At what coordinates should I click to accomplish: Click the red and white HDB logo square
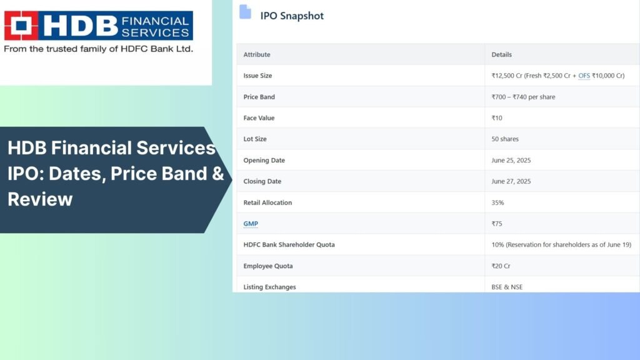click(x=21, y=25)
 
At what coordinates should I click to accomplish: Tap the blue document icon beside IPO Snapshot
click(x=245, y=12)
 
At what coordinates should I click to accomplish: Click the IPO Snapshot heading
click(x=292, y=16)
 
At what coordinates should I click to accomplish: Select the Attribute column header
click(x=257, y=55)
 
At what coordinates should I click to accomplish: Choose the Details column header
click(x=501, y=55)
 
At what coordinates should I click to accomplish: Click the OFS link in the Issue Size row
click(x=584, y=76)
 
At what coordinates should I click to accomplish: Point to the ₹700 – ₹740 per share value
click(x=523, y=97)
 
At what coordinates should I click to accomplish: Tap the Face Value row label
click(x=259, y=118)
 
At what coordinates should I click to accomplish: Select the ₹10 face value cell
click(x=497, y=118)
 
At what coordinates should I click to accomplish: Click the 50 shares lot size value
click(x=505, y=139)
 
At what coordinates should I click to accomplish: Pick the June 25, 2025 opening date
click(x=511, y=161)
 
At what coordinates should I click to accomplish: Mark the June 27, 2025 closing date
click(x=511, y=181)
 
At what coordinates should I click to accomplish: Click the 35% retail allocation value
click(x=497, y=202)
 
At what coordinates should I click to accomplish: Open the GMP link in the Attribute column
click(x=251, y=224)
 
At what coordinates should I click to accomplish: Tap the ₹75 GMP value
click(x=497, y=224)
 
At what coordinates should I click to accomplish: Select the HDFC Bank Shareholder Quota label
click(x=289, y=245)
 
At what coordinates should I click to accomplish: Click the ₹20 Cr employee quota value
click(x=501, y=266)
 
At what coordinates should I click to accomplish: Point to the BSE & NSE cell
click(x=507, y=287)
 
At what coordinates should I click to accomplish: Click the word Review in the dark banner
click(x=40, y=199)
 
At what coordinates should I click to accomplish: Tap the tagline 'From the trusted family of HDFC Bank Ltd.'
click(x=98, y=49)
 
